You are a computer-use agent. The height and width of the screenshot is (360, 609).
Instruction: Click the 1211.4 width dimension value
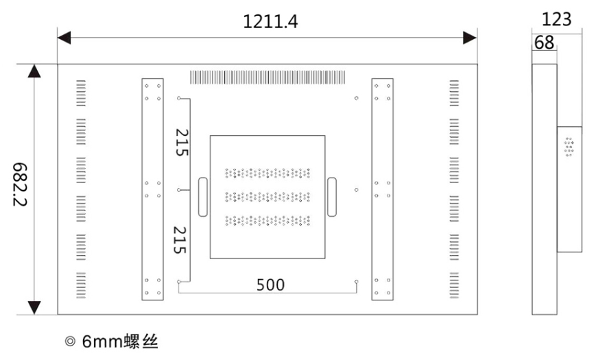[x=270, y=22]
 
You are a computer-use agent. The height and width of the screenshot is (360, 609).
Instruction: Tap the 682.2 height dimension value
[x=20, y=184]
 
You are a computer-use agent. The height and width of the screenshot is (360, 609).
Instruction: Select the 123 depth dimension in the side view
[x=557, y=19]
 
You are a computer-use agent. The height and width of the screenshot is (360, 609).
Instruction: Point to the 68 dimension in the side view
[x=544, y=43]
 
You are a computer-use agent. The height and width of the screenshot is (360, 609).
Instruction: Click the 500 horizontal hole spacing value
[x=270, y=285]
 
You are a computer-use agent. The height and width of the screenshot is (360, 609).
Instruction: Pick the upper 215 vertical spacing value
[x=182, y=143]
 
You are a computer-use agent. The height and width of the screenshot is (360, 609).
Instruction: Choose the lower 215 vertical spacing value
[x=180, y=240]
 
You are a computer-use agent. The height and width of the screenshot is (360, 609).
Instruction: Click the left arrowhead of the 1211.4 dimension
[x=64, y=38]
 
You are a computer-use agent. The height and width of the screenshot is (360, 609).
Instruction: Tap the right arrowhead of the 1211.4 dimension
[x=470, y=38]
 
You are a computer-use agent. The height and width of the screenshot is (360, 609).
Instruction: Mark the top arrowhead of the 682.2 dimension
[x=34, y=71]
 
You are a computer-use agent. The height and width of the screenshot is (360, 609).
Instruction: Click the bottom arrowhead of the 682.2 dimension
[x=34, y=308]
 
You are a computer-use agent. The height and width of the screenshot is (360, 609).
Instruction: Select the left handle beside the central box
[x=203, y=197]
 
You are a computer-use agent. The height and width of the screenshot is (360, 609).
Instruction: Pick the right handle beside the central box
[x=332, y=197]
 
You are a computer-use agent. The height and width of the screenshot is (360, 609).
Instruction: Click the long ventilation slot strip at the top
[x=267, y=77]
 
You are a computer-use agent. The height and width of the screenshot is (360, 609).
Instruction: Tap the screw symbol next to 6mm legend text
[x=71, y=341]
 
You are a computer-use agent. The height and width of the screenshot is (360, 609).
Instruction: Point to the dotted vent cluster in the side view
[x=569, y=147]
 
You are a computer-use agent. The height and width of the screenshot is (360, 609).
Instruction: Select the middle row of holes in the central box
[x=267, y=197]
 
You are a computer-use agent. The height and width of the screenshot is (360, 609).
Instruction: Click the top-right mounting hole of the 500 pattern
[x=356, y=98]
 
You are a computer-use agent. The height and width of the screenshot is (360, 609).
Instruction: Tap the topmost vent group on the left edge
[x=81, y=93]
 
